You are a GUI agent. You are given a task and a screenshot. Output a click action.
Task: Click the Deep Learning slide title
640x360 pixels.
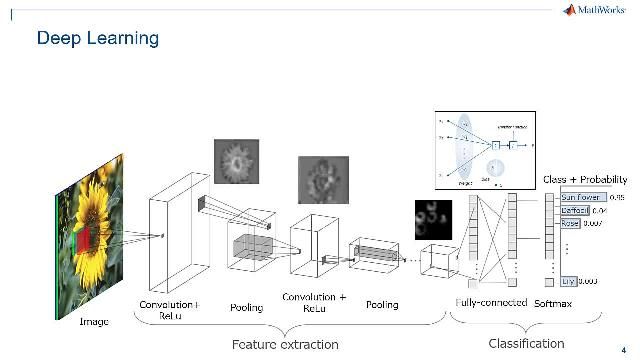click(x=97, y=39)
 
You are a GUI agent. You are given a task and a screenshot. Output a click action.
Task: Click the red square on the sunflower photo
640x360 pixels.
click(x=85, y=238)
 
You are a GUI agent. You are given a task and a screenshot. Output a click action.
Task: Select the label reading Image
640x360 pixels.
click(x=93, y=322)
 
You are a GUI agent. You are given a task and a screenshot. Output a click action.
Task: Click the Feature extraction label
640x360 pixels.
click(x=285, y=345)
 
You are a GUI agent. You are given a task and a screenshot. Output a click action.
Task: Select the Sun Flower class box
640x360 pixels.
click(x=581, y=198)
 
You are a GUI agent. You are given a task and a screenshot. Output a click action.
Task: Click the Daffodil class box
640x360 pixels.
click(x=575, y=211)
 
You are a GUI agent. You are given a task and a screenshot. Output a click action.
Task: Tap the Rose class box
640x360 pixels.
click(x=571, y=224)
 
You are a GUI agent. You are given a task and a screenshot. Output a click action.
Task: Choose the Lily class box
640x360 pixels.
click(x=569, y=282)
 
